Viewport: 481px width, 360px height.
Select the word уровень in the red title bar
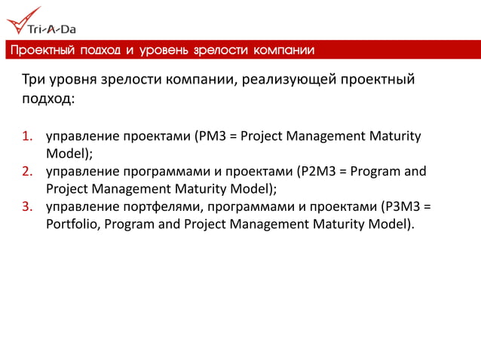click(x=163, y=50)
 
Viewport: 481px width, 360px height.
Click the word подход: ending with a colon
click(x=47, y=98)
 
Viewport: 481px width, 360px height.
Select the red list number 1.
click(x=26, y=136)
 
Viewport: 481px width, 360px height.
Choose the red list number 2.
click(x=26, y=171)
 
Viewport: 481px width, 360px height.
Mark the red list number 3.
click(x=26, y=206)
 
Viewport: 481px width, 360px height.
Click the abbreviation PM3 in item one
click(x=210, y=136)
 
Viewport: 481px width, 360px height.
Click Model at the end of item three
click(x=391, y=224)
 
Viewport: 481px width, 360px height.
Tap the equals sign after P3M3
click(x=430, y=206)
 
